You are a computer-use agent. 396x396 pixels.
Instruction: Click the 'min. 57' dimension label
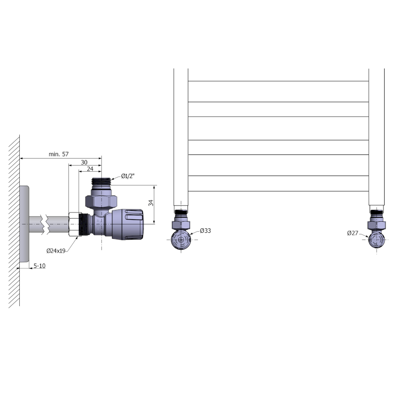59,154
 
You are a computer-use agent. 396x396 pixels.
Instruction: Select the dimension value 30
84,162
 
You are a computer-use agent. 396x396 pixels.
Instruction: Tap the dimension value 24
90,169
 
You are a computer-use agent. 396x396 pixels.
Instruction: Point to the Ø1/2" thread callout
128,176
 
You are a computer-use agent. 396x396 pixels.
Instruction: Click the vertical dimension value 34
151,203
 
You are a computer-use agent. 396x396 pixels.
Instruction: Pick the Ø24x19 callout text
56,251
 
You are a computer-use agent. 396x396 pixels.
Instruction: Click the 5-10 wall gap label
40,266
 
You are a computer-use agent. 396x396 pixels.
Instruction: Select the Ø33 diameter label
205,231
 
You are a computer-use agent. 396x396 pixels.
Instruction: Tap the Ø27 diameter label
352,233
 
